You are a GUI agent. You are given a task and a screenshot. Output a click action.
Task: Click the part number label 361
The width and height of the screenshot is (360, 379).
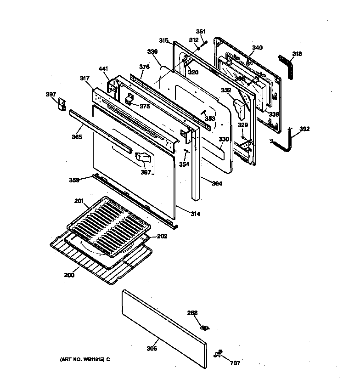[201, 31]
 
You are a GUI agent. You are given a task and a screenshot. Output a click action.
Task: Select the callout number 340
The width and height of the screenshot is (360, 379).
[258, 48]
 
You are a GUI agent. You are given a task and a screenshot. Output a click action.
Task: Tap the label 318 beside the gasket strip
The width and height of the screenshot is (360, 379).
[297, 54]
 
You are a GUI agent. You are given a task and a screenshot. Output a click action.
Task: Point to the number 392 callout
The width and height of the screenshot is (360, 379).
[304, 129]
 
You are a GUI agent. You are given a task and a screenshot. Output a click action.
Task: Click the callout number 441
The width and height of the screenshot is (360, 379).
[103, 69]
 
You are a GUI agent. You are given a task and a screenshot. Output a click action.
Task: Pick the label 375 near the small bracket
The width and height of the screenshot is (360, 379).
[145, 106]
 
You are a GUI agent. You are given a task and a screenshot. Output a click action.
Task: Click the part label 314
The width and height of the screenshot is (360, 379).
[195, 214]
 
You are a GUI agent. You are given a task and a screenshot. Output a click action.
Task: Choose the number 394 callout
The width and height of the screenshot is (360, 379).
[217, 184]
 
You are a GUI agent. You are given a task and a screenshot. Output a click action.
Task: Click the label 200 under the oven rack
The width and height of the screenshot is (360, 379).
[68, 275]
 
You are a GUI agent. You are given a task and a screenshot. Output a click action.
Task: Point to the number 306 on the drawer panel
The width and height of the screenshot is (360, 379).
[152, 349]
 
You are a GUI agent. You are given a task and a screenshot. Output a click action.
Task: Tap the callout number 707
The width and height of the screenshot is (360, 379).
[235, 362]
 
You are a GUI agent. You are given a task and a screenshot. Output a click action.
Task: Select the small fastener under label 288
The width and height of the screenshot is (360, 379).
[205, 328]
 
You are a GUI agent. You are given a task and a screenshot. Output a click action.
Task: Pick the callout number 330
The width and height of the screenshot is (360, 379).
[224, 139]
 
